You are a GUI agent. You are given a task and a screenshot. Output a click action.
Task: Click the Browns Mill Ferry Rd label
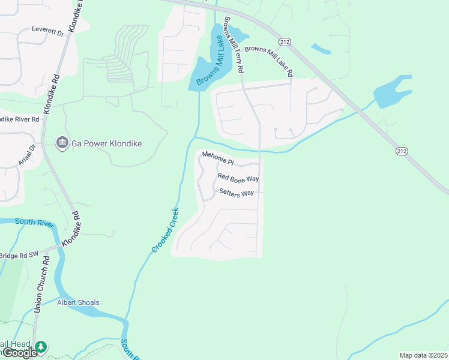click(234, 45)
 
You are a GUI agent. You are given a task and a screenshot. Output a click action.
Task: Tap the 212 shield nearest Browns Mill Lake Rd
click(285, 41)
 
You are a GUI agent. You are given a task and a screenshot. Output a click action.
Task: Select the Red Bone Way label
click(238, 178)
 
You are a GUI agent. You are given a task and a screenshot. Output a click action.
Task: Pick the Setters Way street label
click(237, 193)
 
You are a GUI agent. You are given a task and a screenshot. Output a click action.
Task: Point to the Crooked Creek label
click(165, 229)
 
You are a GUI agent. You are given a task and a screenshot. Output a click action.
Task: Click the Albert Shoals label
click(78, 302)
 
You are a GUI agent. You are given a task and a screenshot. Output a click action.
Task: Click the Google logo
click(19, 352)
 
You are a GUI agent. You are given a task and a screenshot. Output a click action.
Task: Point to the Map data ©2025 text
click(423, 355)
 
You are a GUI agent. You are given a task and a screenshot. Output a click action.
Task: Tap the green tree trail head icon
click(41, 347)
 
